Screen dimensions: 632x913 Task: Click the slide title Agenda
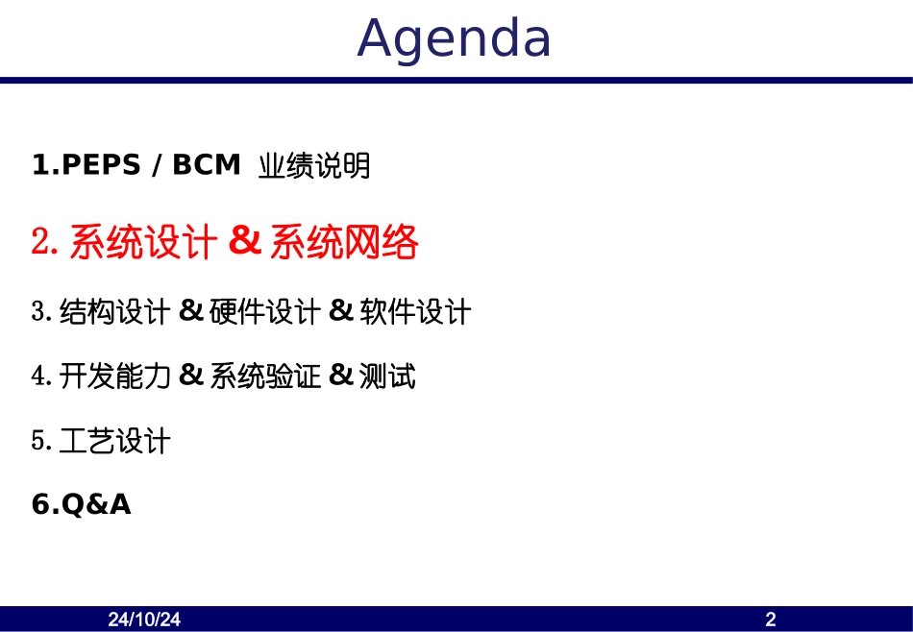(455, 39)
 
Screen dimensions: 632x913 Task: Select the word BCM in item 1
(206, 166)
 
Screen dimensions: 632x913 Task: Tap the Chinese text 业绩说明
(314, 167)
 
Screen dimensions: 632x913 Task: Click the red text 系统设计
(143, 243)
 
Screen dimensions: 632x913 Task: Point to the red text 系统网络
(344, 243)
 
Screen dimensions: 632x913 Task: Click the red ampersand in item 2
(245, 242)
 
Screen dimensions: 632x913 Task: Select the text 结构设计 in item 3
(114, 312)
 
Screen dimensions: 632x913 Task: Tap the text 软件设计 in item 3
(415, 312)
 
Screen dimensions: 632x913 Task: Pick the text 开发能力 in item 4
(114, 377)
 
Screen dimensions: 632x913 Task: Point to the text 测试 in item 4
(387, 377)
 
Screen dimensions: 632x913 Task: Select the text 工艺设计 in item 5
(114, 442)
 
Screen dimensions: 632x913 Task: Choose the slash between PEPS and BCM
(157, 166)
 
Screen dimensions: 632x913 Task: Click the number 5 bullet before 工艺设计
(38, 442)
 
